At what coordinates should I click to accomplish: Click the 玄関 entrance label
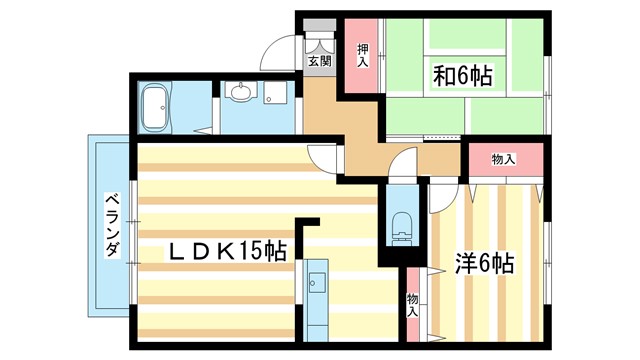319,62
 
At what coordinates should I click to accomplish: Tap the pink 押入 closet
362,56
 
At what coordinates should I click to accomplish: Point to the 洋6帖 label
484,264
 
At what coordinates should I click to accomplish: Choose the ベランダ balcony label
112,226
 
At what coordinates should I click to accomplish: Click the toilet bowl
403,225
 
